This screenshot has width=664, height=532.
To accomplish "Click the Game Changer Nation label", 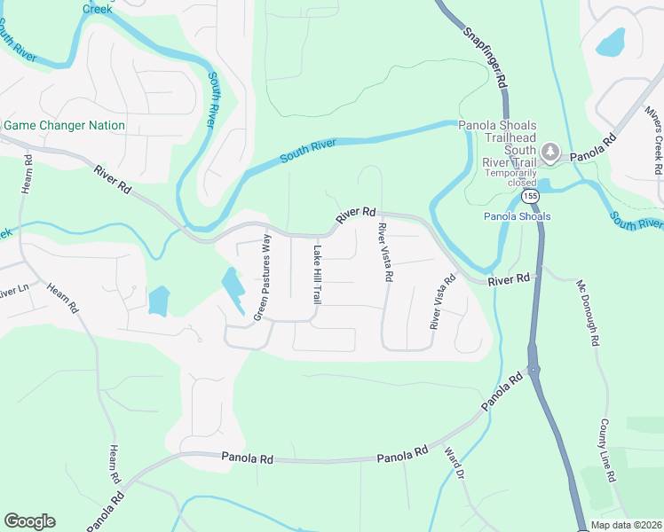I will coord(64,126).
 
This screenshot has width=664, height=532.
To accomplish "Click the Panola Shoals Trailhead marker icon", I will coord(551,153).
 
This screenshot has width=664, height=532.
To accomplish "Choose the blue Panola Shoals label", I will coord(517,216).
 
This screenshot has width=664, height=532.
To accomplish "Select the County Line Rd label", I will coord(607,450).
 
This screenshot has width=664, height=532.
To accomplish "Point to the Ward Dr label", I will coord(454,463).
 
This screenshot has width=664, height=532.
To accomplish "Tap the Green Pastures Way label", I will coord(261,279).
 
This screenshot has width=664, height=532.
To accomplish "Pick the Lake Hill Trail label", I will coord(315,275).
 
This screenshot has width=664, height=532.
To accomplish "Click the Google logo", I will coord(29,521).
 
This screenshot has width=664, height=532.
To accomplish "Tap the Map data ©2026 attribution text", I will coord(625,525).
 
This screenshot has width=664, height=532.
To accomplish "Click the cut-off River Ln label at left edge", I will coord(15,291).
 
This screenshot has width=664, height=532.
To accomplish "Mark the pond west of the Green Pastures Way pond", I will coord(158,300).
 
